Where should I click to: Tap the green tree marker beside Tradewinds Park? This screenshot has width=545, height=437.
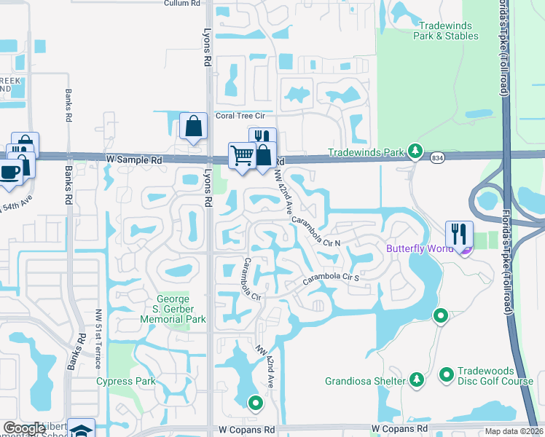(415, 151)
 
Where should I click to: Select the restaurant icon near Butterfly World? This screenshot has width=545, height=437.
(459, 234)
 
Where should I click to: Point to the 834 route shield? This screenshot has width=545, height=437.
(438, 157)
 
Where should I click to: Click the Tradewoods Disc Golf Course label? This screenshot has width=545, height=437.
(495, 381)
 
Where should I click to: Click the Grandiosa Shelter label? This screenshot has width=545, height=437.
(365, 381)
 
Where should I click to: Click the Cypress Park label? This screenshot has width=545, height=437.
(126, 381)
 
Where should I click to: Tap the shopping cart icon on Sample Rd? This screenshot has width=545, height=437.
(242, 154)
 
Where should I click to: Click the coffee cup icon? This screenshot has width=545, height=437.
(10, 173)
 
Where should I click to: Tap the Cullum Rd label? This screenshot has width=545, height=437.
(182, 4)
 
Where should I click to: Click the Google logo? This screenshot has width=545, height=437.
(24, 429)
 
